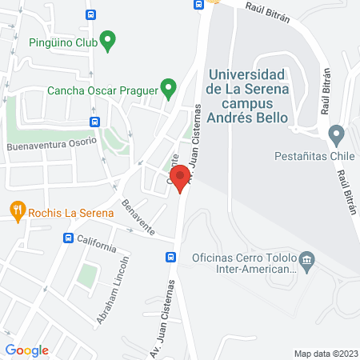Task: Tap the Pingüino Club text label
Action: click(x=62, y=42)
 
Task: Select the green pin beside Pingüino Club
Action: click(x=110, y=38)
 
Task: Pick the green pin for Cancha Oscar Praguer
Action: click(x=168, y=87)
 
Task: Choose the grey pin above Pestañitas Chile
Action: click(x=336, y=134)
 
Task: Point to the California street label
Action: click(x=97, y=242)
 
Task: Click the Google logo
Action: click(x=27, y=350)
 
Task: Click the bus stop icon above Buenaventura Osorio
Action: click(x=95, y=122)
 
